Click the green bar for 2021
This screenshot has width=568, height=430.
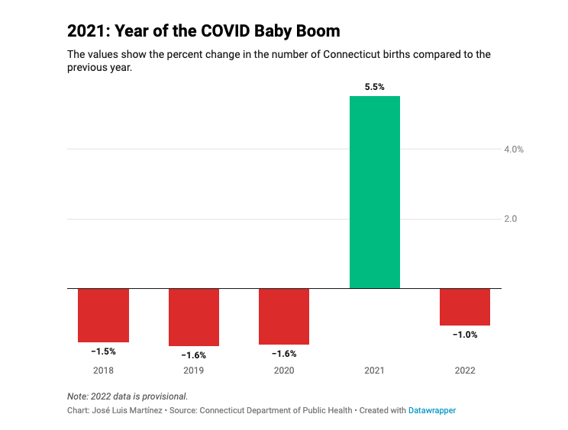[x=374, y=192]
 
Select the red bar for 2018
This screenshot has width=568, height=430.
[x=103, y=315]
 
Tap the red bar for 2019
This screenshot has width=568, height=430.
[x=194, y=317]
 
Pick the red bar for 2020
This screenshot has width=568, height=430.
[x=284, y=316]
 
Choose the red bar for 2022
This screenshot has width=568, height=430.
[x=465, y=306]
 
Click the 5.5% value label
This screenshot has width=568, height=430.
[x=374, y=87]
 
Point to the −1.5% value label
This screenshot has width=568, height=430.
[x=103, y=351]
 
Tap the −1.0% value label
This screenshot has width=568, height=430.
[x=465, y=335]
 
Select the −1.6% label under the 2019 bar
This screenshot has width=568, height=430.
[x=194, y=355]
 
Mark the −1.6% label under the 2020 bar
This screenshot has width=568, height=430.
[x=284, y=354]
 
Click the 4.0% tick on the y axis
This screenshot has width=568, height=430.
[x=514, y=149]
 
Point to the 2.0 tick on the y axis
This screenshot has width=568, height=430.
[x=511, y=219]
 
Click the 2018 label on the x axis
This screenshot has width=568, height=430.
[x=103, y=371]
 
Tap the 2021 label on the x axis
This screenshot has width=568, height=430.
[x=374, y=371]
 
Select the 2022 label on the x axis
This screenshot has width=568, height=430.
[x=465, y=371]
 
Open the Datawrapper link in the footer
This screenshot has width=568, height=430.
[x=432, y=410]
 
